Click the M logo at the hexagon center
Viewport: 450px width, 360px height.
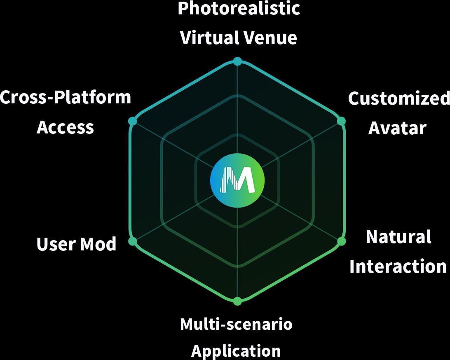(237, 180)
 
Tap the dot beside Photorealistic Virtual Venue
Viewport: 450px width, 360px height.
(237, 61)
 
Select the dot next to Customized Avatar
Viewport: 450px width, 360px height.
(341, 121)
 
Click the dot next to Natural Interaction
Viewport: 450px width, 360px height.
(341, 241)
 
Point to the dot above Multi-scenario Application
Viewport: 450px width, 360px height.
(237, 301)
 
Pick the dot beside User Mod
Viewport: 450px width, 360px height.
(133, 241)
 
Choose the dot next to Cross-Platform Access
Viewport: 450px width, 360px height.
(132, 121)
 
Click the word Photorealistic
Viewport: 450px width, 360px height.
(239, 8)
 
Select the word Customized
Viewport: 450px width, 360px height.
(398, 99)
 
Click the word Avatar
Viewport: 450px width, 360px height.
(397, 128)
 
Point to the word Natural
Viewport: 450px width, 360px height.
(398, 237)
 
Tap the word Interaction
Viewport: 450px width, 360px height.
(398, 266)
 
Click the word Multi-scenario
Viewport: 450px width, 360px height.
(236, 325)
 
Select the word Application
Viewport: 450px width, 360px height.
(236, 351)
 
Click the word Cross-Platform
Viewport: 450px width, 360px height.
(66, 98)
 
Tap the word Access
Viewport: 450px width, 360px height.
(65, 127)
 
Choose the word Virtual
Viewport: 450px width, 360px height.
(209, 38)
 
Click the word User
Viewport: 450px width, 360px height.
(56, 244)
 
